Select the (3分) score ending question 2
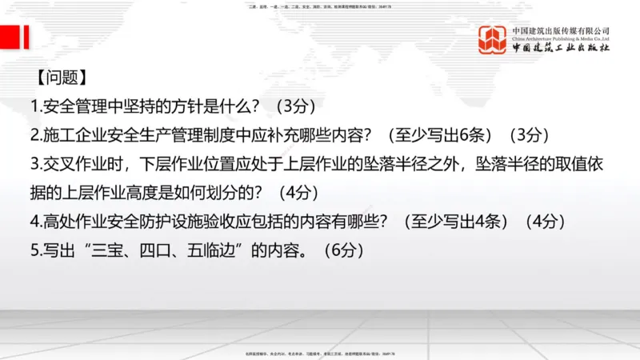[532, 135]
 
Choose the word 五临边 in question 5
[216, 250]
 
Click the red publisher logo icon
[492, 40]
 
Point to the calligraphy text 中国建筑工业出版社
[561, 49]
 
